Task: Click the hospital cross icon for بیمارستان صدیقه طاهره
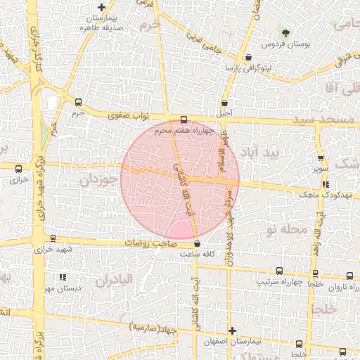(x=102, y=7)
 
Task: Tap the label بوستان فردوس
(x=286, y=44)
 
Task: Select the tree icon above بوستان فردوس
(x=285, y=32)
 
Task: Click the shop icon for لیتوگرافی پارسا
(x=248, y=57)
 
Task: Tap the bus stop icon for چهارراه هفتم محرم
(x=184, y=120)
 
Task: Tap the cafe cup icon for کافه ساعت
(x=196, y=243)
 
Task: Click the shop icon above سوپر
(x=321, y=158)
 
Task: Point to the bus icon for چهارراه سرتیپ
(x=280, y=271)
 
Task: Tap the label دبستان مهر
(x=62, y=288)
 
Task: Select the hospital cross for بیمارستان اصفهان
(x=233, y=330)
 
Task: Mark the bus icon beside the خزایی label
(x=18, y=167)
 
